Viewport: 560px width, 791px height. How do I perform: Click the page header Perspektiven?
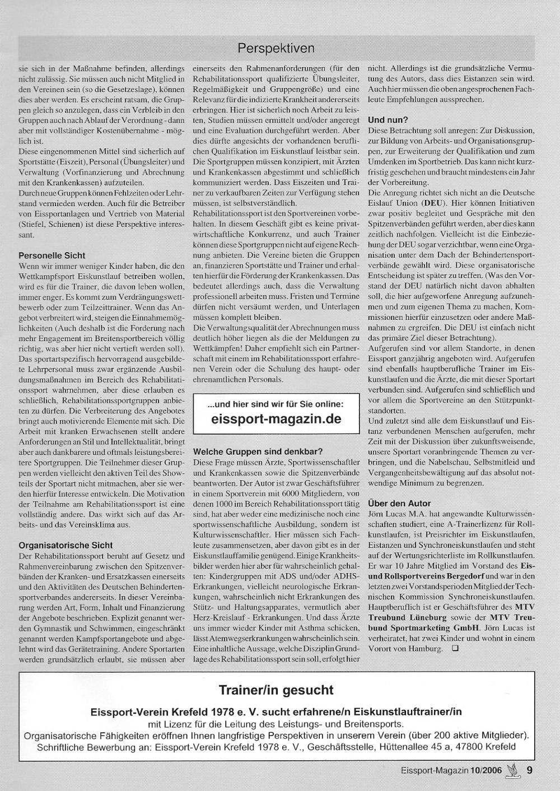pyautogui.click(x=276, y=48)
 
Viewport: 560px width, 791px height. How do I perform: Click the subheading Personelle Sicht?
pyautogui.click(x=52, y=255)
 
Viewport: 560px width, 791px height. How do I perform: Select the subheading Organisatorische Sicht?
pyautogui.click(x=66, y=545)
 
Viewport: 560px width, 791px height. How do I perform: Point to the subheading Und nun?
pyautogui.click(x=388, y=120)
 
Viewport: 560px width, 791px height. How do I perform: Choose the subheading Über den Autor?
pyautogui.click(x=399, y=503)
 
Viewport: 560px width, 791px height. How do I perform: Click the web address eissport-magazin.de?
pyautogui.click(x=277, y=419)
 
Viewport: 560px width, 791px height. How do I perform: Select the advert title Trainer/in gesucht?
pyautogui.click(x=276, y=690)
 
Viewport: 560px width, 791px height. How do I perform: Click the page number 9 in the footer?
pyautogui.click(x=529, y=770)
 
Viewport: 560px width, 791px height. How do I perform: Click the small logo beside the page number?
pyautogui.click(x=513, y=769)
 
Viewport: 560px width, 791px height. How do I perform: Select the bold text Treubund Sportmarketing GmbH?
pyautogui.click(x=423, y=628)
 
